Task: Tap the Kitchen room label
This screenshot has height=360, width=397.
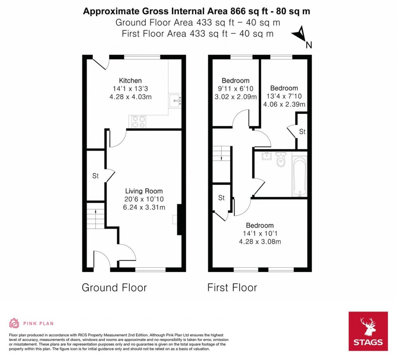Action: (x=130, y=81)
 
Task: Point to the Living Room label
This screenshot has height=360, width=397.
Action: (x=144, y=191)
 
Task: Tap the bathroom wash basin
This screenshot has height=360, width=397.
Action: (x=266, y=156)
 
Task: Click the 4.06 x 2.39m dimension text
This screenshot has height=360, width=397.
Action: (x=284, y=104)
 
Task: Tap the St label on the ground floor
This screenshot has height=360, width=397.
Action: (x=95, y=176)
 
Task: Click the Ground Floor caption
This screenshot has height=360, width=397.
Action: (x=114, y=288)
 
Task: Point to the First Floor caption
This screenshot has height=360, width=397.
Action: (x=232, y=288)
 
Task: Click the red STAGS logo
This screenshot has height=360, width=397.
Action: (x=368, y=331)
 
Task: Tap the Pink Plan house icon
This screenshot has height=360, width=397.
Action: (x=14, y=323)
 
